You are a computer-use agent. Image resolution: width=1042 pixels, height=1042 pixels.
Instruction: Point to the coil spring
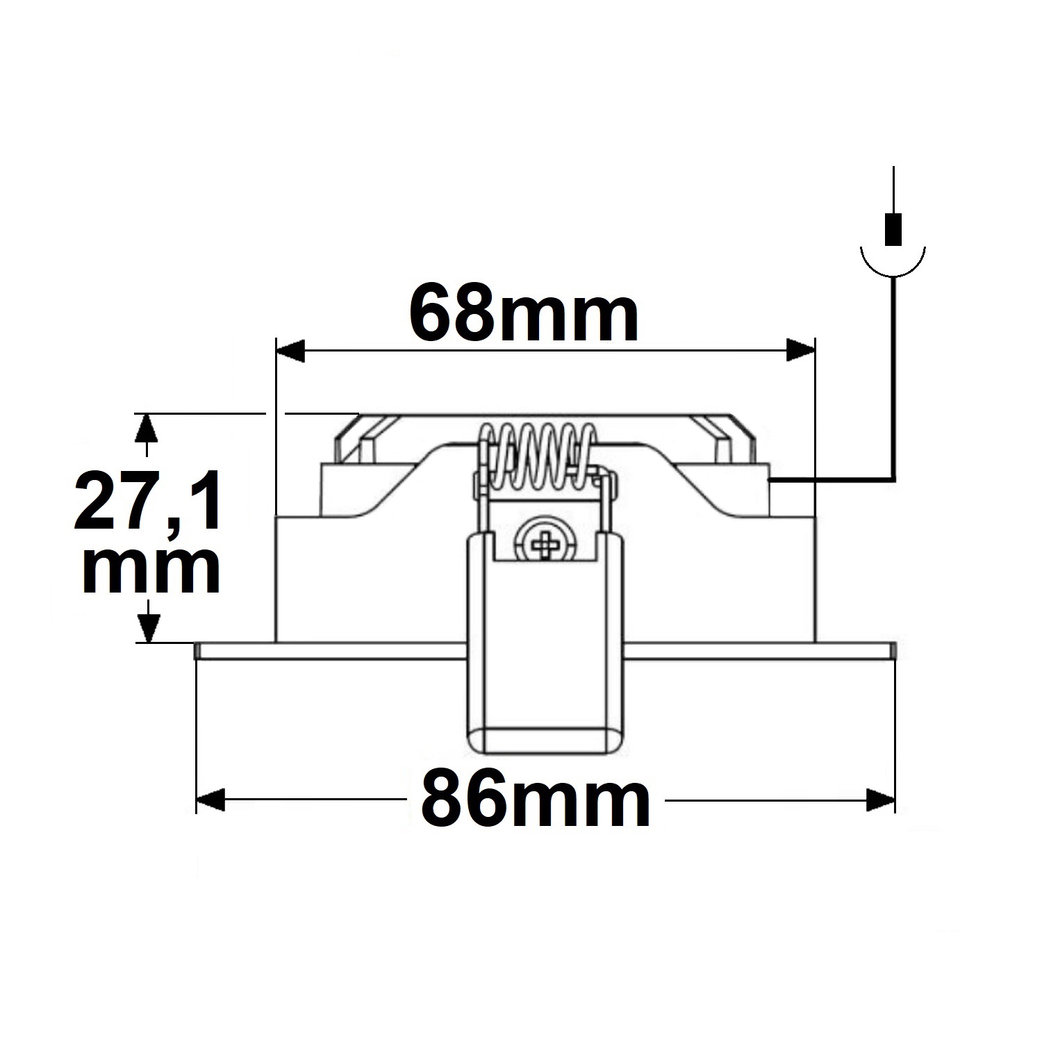tap(536, 455)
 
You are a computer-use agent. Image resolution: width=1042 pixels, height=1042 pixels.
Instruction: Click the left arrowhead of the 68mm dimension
tap(291, 350)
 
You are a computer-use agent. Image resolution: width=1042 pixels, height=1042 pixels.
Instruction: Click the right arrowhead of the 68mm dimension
tap(800, 350)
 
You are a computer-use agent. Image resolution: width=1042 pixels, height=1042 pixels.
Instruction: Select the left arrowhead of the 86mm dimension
tap(211, 800)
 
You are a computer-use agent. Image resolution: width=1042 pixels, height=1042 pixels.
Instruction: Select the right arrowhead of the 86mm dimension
tap(880, 800)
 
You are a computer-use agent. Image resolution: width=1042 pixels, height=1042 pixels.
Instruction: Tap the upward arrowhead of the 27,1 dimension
tap(145, 427)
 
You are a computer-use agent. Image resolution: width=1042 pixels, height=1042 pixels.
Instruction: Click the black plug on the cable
tap(893, 228)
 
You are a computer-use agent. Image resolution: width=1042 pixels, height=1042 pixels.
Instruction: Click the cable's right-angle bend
tap(892, 479)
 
